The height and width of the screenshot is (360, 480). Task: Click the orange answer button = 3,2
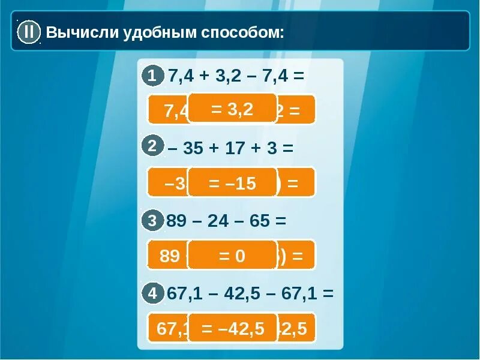[x=232, y=109]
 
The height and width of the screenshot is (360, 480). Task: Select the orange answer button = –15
[x=232, y=183]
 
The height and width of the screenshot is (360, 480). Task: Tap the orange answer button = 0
[x=232, y=256]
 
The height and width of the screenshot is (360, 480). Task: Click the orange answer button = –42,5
[x=233, y=328]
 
